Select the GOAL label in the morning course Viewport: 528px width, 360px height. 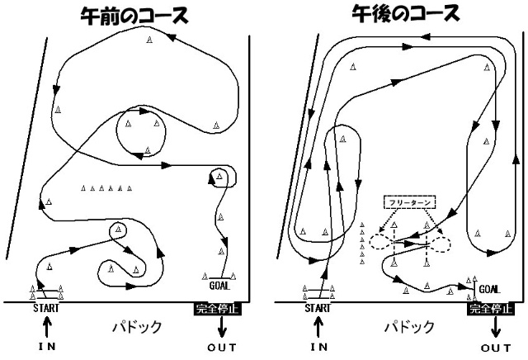220,286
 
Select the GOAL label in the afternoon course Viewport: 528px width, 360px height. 489,289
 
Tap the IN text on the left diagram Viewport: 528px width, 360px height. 46,348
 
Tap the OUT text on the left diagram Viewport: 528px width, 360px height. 222,348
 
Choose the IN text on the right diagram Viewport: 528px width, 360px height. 319,348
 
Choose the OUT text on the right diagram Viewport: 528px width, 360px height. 496,348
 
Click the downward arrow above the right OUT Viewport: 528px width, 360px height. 496,325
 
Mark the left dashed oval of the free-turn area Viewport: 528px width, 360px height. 382,242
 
